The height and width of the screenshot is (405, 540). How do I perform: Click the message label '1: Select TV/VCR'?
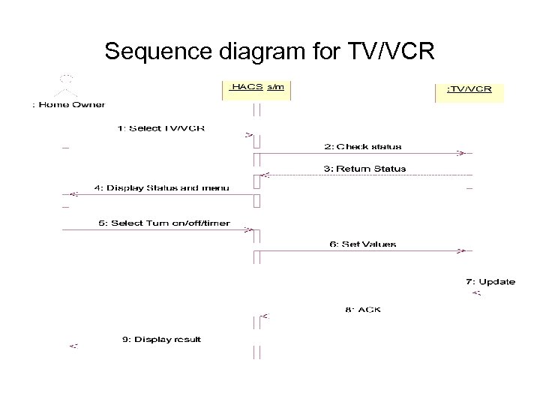click(x=161, y=128)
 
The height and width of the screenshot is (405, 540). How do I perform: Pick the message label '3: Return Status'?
click(x=364, y=169)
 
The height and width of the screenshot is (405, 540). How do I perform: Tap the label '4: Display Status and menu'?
click(x=161, y=187)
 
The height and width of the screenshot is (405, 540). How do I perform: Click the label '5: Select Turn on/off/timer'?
click(x=163, y=223)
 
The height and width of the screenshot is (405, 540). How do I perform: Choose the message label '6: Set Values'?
click(x=362, y=244)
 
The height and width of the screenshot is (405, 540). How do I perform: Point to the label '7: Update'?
click(x=490, y=282)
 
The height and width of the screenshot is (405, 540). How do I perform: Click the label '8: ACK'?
click(x=363, y=310)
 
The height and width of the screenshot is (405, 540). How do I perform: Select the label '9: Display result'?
click(x=161, y=340)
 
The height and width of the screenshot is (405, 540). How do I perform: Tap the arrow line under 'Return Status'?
click(x=364, y=175)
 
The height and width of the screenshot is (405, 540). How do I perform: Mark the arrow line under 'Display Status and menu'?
click(x=157, y=194)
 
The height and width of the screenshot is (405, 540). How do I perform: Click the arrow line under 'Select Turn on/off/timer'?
click(x=157, y=230)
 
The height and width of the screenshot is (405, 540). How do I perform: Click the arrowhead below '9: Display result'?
click(x=73, y=346)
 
